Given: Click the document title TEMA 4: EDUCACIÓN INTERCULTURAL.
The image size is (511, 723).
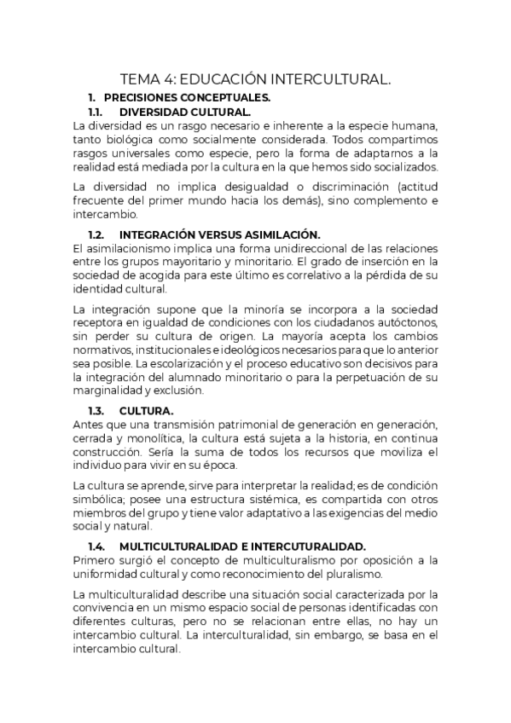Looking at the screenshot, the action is coord(255,79).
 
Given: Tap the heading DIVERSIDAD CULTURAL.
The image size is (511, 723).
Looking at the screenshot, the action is coord(185,112).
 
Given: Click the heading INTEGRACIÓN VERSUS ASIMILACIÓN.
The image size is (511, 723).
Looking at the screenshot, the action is coord(219,234).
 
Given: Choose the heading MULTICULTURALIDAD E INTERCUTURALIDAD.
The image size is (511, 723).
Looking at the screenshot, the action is coord(242,546).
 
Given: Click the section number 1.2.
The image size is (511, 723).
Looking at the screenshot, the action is coord(96,234).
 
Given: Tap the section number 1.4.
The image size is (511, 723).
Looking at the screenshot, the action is coord(96,546).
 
